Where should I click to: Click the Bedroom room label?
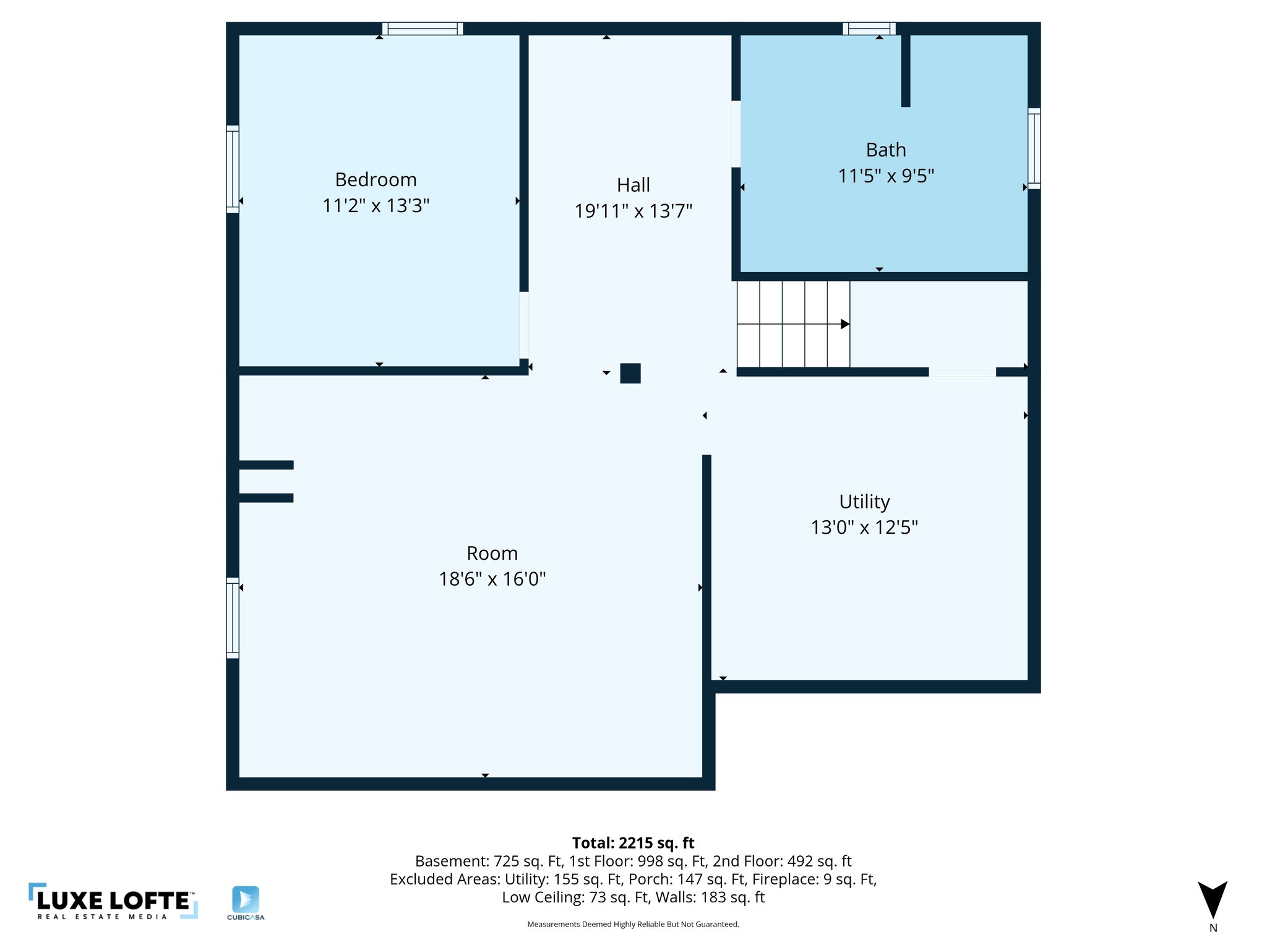pos(376,179)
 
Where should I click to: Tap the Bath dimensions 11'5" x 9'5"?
pos(885,176)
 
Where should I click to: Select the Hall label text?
pos(633,185)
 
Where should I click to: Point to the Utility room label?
pos(864,502)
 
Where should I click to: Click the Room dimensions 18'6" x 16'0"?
pos(492,579)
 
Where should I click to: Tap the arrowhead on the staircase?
pos(844,324)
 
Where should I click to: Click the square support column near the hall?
pos(630,374)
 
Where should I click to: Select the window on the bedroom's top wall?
pos(423,28)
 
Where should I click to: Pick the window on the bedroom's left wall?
pos(233,169)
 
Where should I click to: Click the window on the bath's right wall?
pos(1034,148)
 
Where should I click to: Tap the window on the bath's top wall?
pos(869,28)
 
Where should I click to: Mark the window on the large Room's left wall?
pos(233,617)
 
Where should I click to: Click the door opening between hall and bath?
pos(736,134)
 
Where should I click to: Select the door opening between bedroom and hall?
pos(524,325)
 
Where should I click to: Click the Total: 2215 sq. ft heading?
pos(633,843)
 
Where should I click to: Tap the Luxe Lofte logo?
pos(113,901)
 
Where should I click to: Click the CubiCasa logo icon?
pos(246,900)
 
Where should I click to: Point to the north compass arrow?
pos(1212,900)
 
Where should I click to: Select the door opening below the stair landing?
pos(962,372)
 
